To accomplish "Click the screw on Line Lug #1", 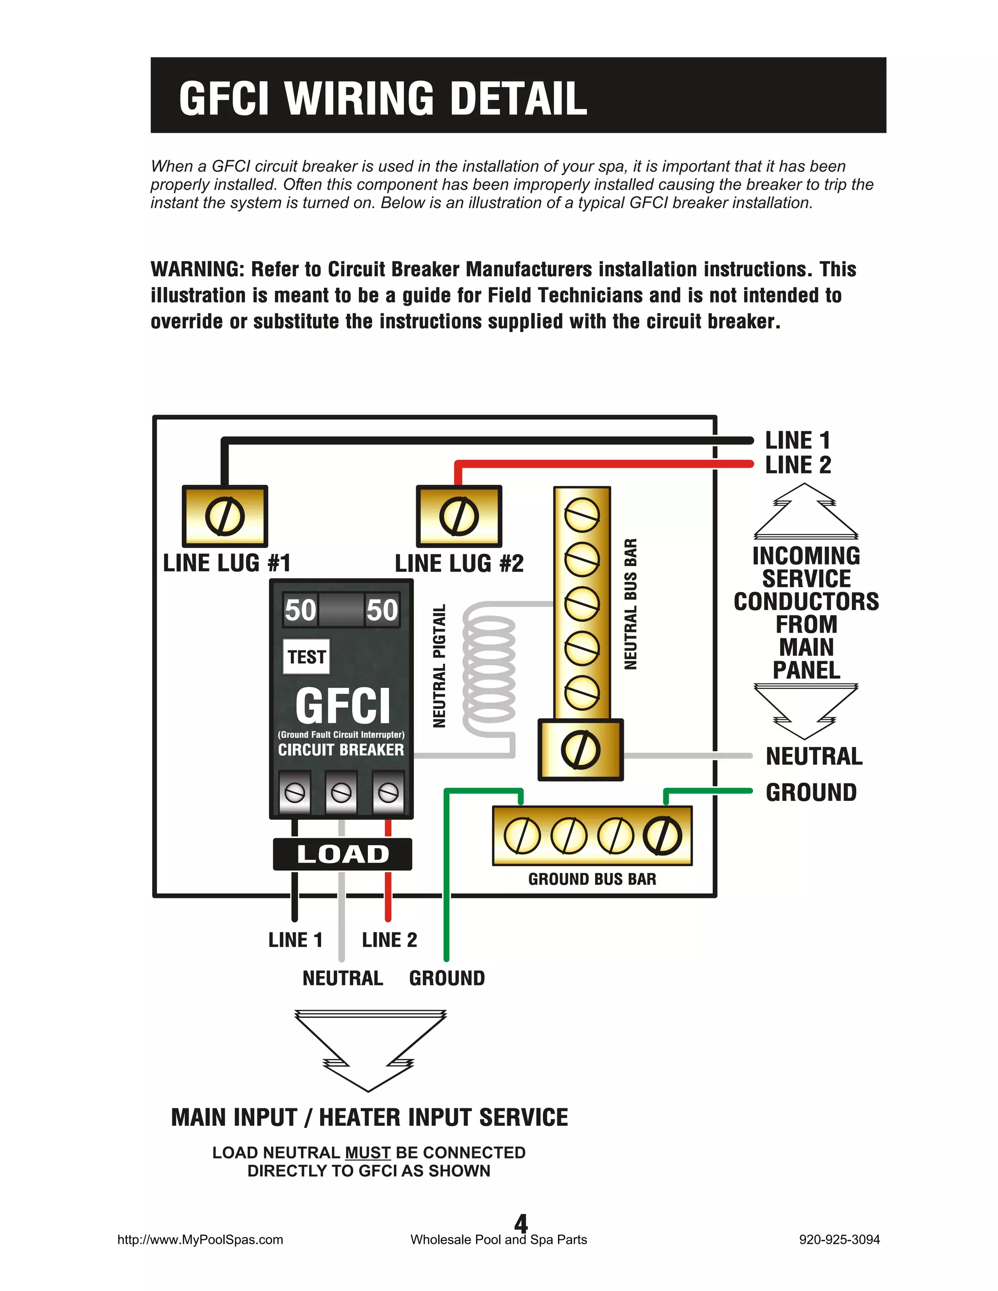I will [225, 516].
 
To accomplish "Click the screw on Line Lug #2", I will [459, 516].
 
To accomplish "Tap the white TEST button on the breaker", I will [306, 657].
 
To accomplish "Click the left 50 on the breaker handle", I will [300, 610].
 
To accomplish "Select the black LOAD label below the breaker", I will [342, 854].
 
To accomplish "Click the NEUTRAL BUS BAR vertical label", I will [631, 604].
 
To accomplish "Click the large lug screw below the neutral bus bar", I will [580, 750].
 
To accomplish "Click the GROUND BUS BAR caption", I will [592, 879].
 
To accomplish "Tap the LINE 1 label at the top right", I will [798, 440].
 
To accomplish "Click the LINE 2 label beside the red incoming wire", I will [798, 465].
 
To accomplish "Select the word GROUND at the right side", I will [810, 793].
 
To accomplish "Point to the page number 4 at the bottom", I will [520, 1222].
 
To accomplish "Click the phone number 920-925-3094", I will [839, 1239].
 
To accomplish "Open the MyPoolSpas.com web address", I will [200, 1239].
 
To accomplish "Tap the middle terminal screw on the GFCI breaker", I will [341, 792].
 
